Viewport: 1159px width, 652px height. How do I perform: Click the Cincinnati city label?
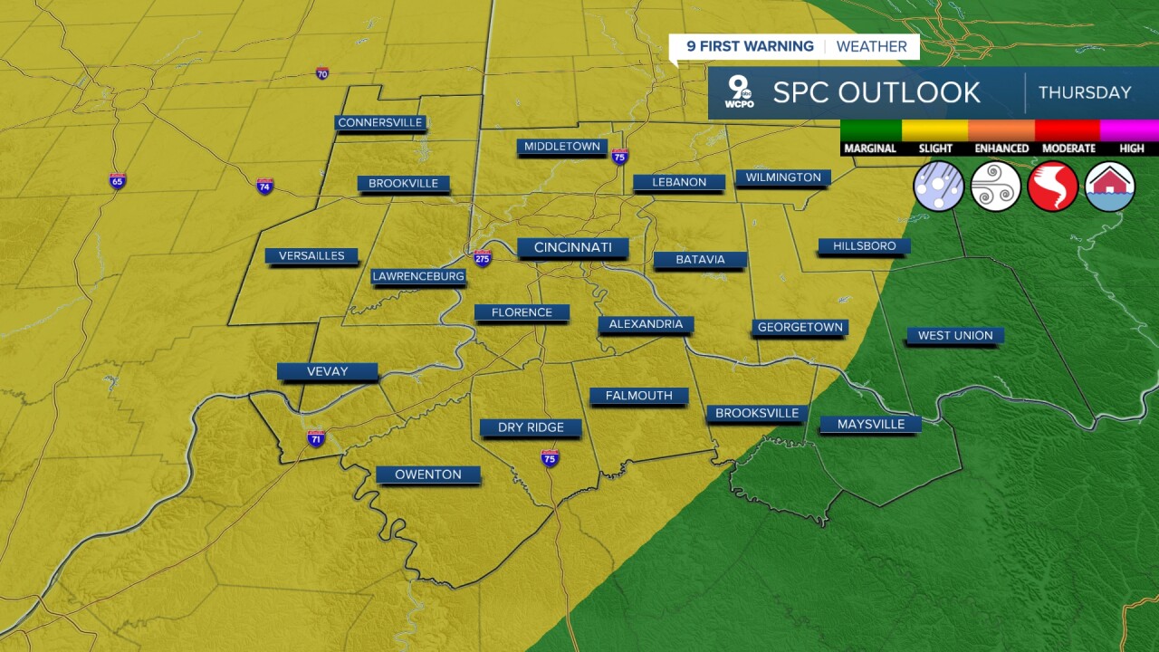(x=572, y=247)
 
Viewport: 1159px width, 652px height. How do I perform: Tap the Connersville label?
(x=380, y=122)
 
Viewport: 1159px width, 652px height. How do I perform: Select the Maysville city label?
(x=869, y=424)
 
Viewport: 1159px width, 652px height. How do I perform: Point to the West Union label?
(x=955, y=335)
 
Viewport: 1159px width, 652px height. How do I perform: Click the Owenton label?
(x=428, y=475)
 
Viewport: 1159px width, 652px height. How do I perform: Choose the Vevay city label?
(x=327, y=371)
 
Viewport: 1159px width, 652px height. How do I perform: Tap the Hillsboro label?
(x=864, y=245)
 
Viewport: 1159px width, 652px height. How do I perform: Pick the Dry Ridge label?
(x=531, y=427)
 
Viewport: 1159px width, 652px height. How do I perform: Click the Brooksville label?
(x=757, y=413)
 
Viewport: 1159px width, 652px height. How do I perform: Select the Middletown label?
(x=562, y=146)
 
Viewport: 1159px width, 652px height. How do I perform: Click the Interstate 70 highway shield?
(x=322, y=73)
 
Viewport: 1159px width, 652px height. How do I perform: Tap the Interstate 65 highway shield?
(x=118, y=181)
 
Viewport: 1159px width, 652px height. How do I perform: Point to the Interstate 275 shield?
(x=483, y=257)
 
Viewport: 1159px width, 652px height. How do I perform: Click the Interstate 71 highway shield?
(x=316, y=439)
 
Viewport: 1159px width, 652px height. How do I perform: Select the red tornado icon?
(x=1052, y=187)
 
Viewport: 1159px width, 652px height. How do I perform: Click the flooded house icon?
(x=1109, y=187)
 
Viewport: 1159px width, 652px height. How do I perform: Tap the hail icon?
(x=938, y=187)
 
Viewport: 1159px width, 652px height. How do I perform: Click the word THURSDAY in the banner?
(x=1085, y=92)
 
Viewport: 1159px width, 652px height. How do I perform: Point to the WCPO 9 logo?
(x=740, y=92)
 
